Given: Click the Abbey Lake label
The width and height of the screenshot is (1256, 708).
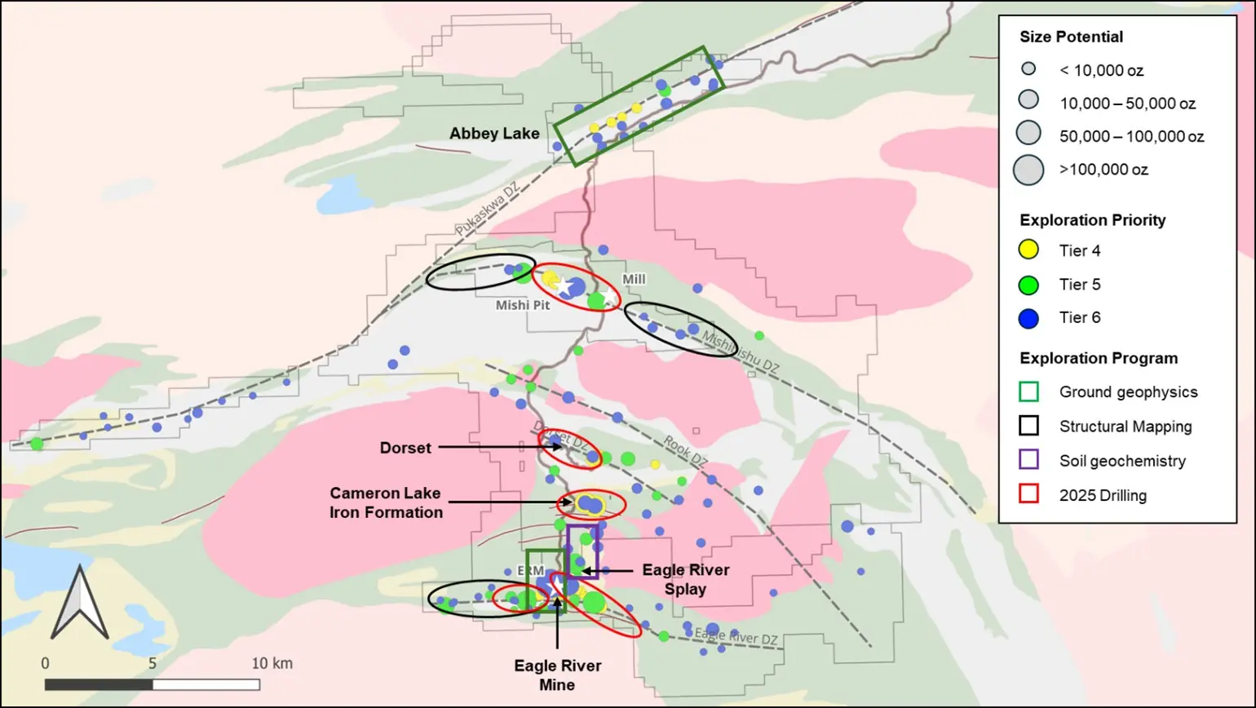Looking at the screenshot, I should (x=494, y=134).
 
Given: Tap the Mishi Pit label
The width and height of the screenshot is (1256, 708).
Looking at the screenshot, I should (x=523, y=305).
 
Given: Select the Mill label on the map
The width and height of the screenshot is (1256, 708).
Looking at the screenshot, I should (x=634, y=280).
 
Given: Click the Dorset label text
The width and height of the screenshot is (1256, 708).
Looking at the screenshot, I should (x=405, y=448).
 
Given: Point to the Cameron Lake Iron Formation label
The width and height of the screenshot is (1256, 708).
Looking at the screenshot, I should (x=386, y=503).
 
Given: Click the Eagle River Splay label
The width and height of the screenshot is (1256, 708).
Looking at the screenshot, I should (x=685, y=579).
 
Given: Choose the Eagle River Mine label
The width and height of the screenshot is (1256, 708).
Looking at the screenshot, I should (x=558, y=675).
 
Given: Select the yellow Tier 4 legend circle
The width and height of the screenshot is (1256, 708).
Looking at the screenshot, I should (x=1029, y=250).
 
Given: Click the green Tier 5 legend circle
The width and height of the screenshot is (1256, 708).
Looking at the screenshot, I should (x=1029, y=285).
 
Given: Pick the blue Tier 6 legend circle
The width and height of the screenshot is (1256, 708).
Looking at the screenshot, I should (x=1029, y=318).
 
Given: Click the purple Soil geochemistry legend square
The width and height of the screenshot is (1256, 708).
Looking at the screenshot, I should (x=1029, y=460).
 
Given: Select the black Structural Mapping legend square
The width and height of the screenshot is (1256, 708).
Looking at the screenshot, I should (x=1029, y=426).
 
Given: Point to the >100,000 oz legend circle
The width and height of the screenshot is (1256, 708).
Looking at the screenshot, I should (x=1028, y=170).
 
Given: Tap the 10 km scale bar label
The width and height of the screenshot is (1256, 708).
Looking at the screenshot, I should (x=272, y=663).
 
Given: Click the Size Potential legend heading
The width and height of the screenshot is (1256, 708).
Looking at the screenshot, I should (x=1071, y=37).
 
